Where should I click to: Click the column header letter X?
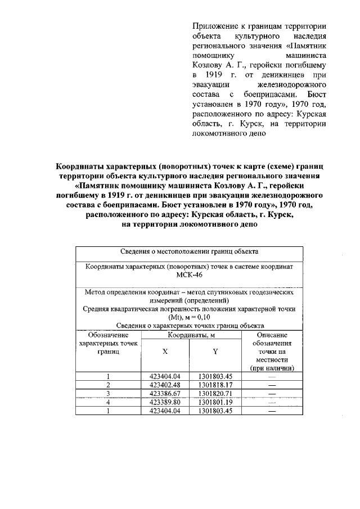pyautogui.click(x=165, y=350)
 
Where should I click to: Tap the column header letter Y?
pyautogui.click(x=215, y=350)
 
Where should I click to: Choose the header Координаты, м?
pyautogui.click(x=190, y=335)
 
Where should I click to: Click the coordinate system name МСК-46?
pyautogui.click(x=189, y=276)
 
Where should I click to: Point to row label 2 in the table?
pyautogui.click(x=108, y=385)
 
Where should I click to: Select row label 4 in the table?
pyautogui.click(x=108, y=403)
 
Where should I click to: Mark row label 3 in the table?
pyautogui.click(x=108, y=394)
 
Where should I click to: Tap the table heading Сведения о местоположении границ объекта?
pyautogui.click(x=189, y=251)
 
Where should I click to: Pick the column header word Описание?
pyautogui.click(x=272, y=335)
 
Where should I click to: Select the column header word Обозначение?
pyautogui.click(x=108, y=335)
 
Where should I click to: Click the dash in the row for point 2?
pyautogui.click(x=272, y=385)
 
